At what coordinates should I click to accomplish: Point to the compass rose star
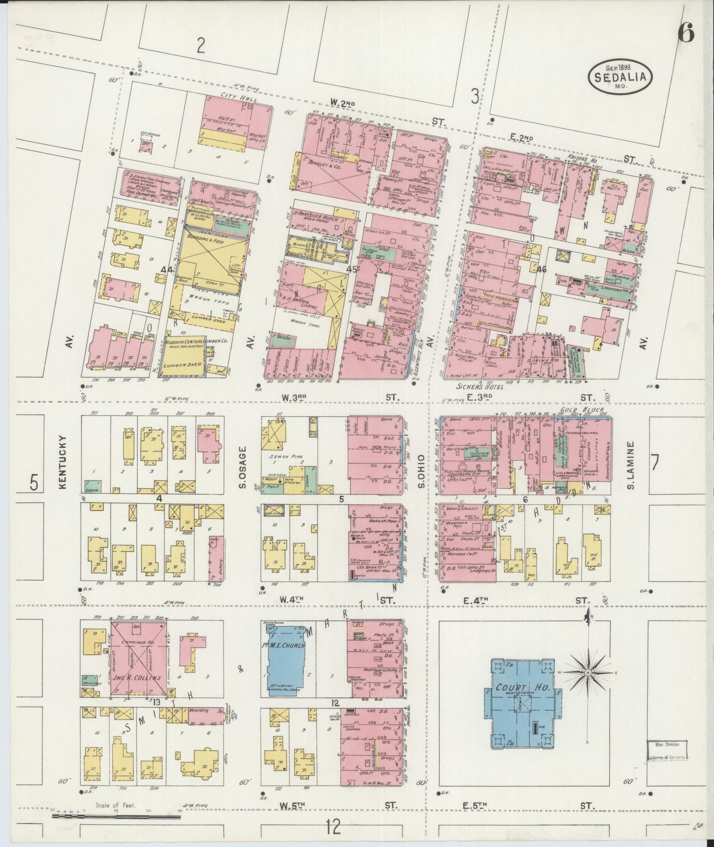(x=588, y=673)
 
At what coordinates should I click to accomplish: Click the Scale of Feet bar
(x=116, y=816)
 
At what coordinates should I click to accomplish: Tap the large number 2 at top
(x=201, y=45)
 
